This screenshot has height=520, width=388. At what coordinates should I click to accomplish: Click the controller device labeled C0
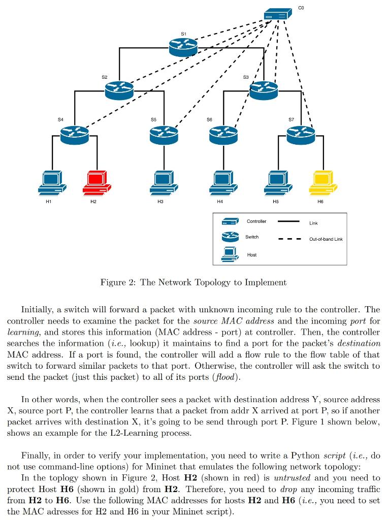(278, 14)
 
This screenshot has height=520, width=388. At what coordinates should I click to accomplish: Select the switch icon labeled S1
(183, 47)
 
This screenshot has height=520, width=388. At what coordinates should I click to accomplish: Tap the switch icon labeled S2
(119, 90)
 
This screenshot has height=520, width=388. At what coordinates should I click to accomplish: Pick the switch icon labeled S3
(264, 90)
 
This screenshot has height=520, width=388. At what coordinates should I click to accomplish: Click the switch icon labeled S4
(74, 134)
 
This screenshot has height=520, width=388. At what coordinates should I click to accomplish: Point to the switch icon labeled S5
(164, 134)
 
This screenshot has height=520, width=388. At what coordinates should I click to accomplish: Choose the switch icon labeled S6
(223, 134)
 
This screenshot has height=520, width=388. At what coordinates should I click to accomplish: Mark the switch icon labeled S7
(301, 134)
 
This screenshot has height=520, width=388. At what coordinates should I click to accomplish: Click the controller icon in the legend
(230, 222)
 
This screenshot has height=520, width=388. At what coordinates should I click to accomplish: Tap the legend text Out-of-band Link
(326, 239)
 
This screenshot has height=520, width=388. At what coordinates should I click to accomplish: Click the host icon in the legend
(230, 254)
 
